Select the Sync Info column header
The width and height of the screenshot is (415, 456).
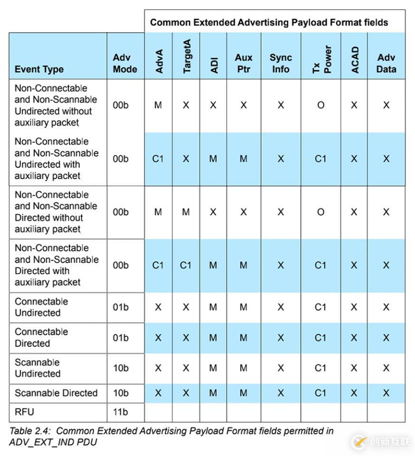tap(280, 63)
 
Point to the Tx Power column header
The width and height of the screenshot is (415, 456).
tap(321, 60)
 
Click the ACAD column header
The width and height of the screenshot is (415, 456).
tap(355, 60)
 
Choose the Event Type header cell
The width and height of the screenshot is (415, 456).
tap(39, 69)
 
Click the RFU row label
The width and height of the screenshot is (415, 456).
tap(24, 412)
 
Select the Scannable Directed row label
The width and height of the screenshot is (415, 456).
tap(56, 393)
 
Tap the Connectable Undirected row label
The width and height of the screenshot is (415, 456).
tap(41, 307)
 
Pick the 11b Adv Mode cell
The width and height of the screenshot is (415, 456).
tap(121, 412)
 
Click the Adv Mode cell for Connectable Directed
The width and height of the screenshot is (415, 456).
tap(121, 338)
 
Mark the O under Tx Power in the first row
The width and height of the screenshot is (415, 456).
tap(321, 105)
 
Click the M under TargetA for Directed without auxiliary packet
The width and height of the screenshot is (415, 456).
tap(186, 212)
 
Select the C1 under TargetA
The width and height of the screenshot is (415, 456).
tap(186, 265)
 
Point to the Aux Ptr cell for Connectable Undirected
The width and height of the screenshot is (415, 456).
tap(244, 307)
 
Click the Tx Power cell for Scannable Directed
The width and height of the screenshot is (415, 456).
tap(321, 393)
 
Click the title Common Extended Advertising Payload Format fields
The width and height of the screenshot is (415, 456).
tap(269, 22)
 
